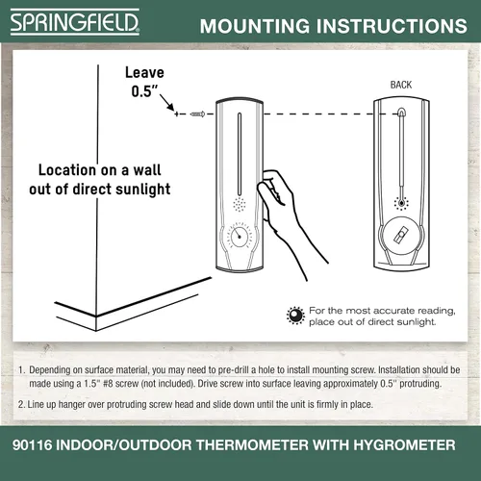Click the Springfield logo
[75, 22]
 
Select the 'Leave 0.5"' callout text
[144, 82]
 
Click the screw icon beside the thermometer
[197, 114]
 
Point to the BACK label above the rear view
[401, 85]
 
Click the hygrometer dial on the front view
[239, 237]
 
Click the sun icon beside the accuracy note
[295, 316]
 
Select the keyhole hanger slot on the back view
[401, 112]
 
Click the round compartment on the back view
[401, 236]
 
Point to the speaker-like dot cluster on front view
[240, 204]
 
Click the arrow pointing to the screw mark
[166, 103]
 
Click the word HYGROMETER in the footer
[404, 445]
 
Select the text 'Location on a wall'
[100, 170]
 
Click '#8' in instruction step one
[108, 384]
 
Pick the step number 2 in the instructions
[20, 404]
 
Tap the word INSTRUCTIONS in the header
[392, 26]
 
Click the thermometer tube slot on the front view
[240, 154]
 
